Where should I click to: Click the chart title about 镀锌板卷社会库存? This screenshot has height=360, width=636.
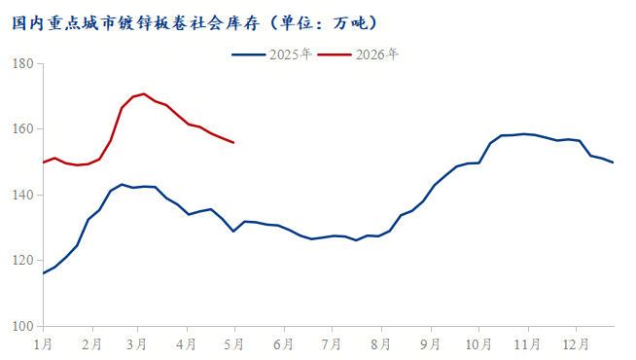195,22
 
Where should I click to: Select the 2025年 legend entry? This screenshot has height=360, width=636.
271,54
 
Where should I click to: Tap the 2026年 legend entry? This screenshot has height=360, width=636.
358,54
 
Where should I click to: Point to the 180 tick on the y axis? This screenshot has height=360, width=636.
22,63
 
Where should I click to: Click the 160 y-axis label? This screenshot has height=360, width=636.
22,129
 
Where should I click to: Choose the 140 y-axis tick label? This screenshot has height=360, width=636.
22,195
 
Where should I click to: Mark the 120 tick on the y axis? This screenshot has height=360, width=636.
22,260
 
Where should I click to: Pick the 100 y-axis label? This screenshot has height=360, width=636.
22,326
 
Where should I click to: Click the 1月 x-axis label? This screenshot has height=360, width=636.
43,344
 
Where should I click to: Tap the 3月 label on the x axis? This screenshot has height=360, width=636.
136,344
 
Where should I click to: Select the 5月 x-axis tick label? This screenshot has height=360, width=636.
233,344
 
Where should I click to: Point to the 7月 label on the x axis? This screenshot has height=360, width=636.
331,344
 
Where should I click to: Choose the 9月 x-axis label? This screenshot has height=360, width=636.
430,344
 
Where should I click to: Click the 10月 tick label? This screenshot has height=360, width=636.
478,344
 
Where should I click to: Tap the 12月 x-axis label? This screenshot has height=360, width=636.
576,344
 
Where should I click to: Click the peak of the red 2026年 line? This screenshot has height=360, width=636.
144,93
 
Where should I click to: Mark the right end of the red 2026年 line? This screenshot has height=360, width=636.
233,142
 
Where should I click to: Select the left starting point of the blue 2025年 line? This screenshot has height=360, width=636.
43,273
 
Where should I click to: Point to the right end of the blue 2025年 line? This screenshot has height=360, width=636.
614,162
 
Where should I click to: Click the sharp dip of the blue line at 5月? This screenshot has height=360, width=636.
233,232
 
